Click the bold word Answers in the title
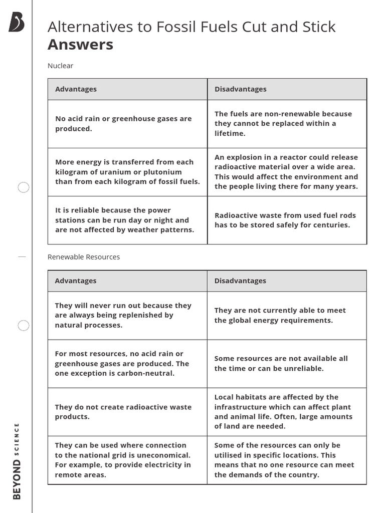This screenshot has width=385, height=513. click(80, 45)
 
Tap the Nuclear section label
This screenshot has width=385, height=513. click(60, 66)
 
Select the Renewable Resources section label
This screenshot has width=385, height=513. click(84, 257)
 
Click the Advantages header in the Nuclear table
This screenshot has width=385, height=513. click(76, 89)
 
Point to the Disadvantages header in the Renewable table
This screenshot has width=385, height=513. click(240, 281)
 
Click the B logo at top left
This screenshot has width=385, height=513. click(17, 23)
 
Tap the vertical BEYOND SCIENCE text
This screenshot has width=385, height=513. click(17, 461)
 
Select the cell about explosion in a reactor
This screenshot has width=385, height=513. click(286, 172)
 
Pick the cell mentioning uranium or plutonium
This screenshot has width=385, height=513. click(127, 172)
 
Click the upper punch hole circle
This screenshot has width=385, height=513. click(24, 188)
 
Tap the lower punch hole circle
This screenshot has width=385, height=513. click(24, 326)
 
